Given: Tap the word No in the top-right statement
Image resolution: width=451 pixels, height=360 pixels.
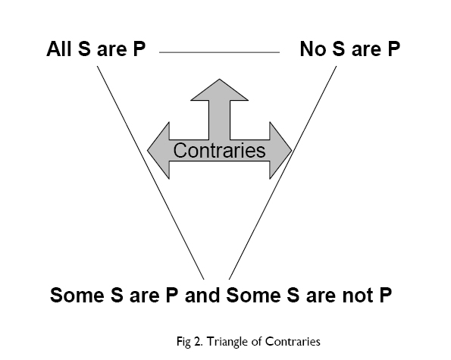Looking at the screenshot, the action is point(313,49).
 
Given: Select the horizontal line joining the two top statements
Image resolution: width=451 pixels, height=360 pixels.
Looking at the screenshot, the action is point(219,52).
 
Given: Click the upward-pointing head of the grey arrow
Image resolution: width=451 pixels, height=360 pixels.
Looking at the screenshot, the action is point(219,89).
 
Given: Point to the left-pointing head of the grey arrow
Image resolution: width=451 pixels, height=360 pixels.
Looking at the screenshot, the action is point(158,150).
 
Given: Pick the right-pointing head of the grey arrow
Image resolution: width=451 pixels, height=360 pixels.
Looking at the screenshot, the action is point(280,150).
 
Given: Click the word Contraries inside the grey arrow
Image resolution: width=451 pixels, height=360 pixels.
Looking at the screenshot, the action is point(219,150).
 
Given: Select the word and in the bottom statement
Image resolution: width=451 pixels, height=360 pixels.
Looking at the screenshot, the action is point(202,295).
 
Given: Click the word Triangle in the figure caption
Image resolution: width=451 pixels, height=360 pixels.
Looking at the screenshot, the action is point(227,342).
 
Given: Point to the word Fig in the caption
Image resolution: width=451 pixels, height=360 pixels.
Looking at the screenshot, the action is point(183,342).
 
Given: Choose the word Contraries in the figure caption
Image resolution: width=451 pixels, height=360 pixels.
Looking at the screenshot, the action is point(293,342).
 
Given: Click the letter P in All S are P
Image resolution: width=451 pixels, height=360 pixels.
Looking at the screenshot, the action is point(139,49).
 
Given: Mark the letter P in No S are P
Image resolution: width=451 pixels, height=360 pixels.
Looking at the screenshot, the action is point(393,49).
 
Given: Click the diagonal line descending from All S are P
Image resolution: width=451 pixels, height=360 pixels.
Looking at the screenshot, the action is point(150,173).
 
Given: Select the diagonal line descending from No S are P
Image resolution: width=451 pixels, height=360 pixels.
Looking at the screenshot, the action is point(283,173).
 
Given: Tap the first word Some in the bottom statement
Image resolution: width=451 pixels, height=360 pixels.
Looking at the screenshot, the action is point(77,295).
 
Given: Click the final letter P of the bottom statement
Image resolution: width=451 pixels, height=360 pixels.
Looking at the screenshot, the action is point(386,295).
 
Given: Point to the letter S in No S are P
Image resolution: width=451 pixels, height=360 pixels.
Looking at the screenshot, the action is point(339,49).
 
